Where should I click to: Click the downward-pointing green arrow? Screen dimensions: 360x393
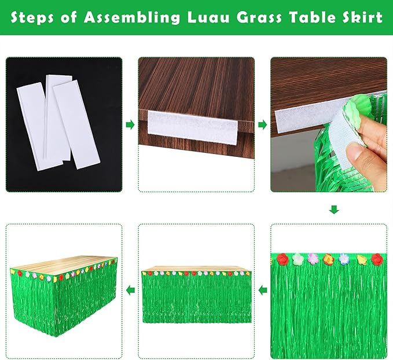334,209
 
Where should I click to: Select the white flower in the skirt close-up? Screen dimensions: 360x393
299,259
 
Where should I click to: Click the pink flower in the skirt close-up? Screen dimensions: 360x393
313,258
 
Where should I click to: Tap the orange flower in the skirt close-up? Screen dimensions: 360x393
328,259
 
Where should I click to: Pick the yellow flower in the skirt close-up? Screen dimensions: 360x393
362,259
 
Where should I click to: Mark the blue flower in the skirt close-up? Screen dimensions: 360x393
345,258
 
